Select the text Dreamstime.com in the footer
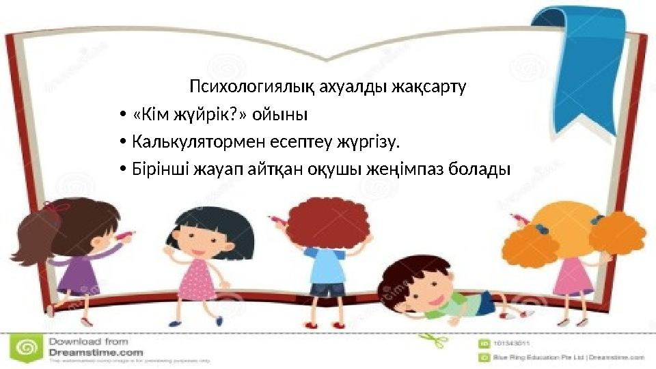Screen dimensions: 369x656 (x=96, y=352)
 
